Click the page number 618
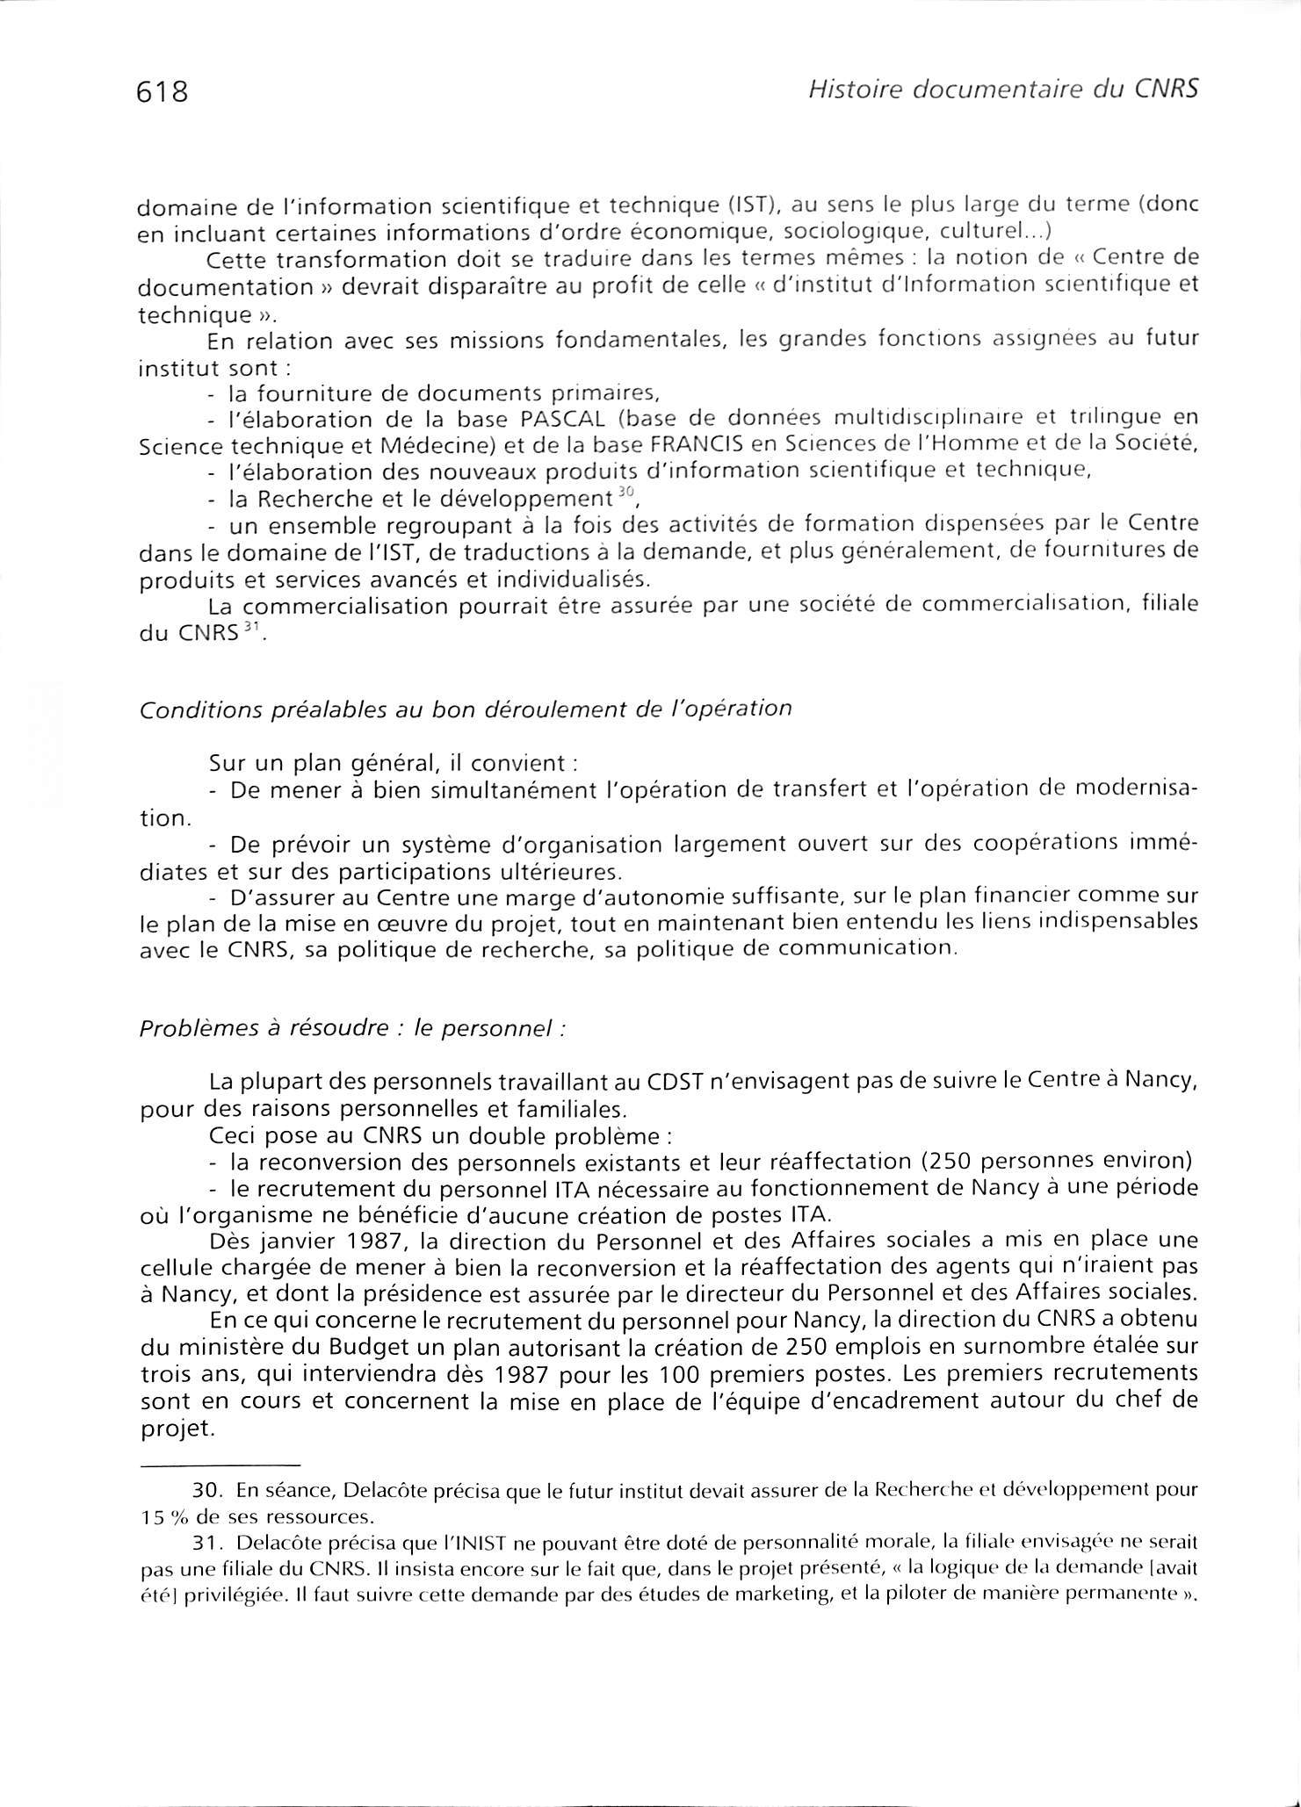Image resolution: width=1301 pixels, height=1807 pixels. (x=163, y=91)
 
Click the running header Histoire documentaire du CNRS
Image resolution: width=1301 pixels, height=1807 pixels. (x=1002, y=90)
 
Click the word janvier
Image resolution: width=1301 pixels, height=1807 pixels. (x=295, y=1242)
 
